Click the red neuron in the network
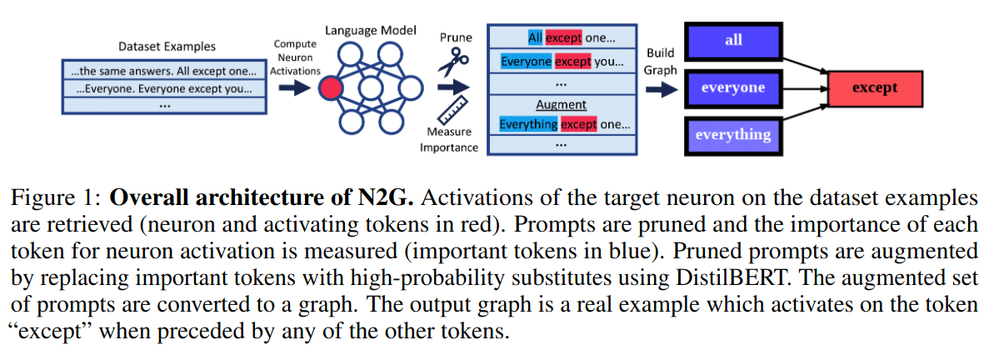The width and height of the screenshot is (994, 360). (331, 89)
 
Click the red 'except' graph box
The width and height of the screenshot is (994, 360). (874, 87)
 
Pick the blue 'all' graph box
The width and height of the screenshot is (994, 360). (733, 40)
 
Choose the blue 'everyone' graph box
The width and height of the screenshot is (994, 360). (733, 87)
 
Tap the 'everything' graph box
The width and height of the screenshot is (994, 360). (733, 134)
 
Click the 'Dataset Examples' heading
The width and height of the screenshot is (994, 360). (167, 47)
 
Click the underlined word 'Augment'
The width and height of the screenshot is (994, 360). (561, 105)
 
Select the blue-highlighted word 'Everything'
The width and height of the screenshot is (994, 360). (528, 124)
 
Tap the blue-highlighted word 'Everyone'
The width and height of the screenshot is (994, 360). (526, 61)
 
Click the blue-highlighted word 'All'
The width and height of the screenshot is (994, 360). (535, 38)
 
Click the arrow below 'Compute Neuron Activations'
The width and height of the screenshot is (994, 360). (294, 88)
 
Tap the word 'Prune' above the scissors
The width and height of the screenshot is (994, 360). (455, 37)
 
